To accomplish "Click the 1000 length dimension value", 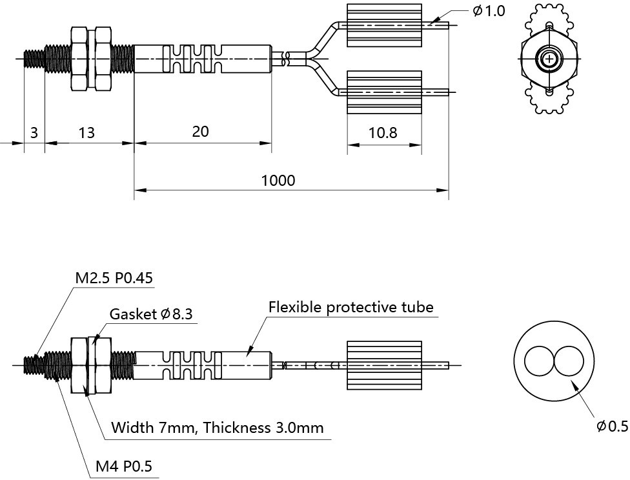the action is [x=278, y=181].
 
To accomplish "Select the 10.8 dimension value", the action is [x=383, y=132].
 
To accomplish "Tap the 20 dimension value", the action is [x=200, y=132].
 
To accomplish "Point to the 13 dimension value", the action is [x=86, y=132].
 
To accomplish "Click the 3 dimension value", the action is [x=34, y=132].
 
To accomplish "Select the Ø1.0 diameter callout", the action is [x=489, y=11].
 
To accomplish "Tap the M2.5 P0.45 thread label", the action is [x=114, y=278].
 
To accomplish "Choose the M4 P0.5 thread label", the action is [x=124, y=466].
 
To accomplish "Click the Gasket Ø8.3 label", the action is [x=151, y=314].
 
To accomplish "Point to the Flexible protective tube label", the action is [x=351, y=307].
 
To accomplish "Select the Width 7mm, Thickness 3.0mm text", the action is [x=218, y=428].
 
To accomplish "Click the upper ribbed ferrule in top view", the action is [x=384, y=25].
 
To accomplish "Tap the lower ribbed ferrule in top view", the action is [x=384, y=92].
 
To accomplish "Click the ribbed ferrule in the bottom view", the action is [x=384, y=365].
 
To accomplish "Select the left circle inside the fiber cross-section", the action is [x=539, y=361].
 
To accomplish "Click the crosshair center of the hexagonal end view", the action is [x=549, y=59].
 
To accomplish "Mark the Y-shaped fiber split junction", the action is [x=311, y=59].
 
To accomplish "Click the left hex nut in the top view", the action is [x=79, y=59].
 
